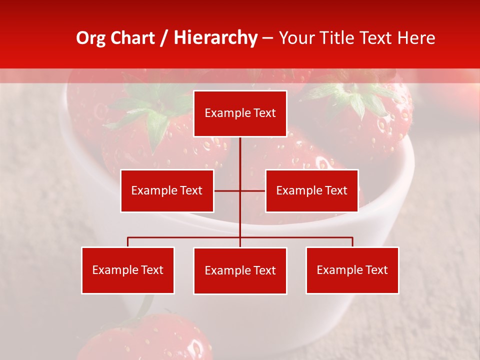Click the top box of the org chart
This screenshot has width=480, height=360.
240,113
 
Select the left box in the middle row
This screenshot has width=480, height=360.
167,190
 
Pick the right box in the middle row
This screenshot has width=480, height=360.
311,190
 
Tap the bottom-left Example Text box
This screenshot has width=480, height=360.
128,270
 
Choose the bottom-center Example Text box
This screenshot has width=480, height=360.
240,270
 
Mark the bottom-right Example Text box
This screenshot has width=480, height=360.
352,270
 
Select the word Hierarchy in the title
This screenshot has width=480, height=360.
215,38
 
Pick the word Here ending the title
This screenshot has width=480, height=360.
416,38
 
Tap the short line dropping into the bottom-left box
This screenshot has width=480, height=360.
128,242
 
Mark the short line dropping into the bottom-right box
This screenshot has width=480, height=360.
352,242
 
